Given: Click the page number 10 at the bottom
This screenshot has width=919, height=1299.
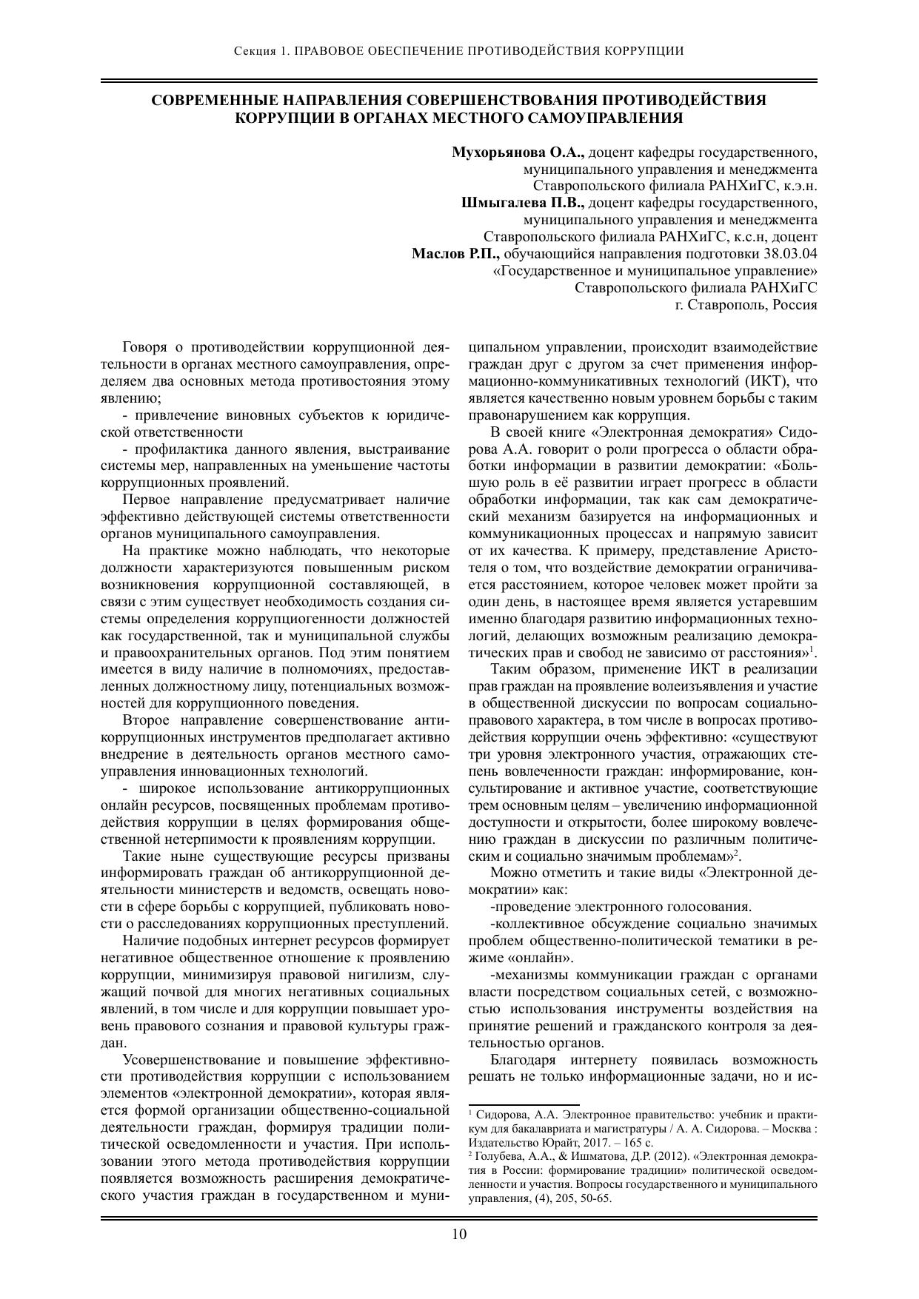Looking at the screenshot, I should (459, 1233).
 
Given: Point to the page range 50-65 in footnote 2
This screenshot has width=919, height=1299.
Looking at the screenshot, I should (597, 1199).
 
